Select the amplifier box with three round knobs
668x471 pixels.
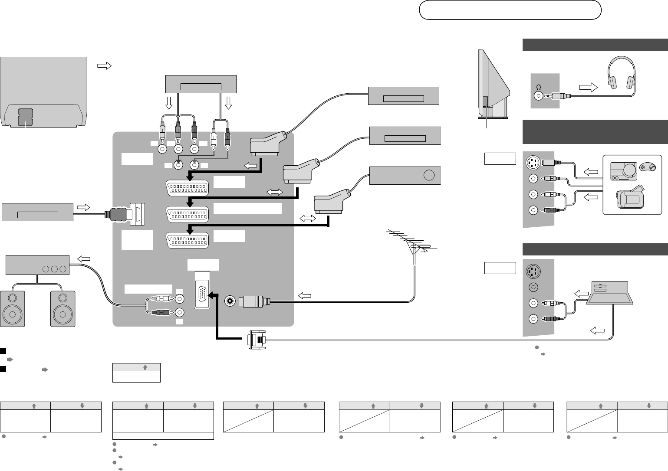tap(37, 265)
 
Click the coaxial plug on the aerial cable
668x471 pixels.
tap(256, 300)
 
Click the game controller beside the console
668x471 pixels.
tap(646, 167)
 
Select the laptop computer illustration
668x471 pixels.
tap(612, 295)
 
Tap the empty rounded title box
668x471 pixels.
tap(510, 10)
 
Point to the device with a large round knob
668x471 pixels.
tap(405, 175)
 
